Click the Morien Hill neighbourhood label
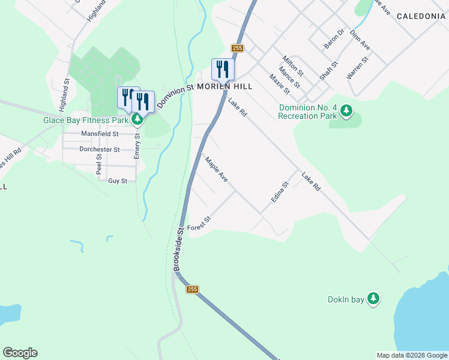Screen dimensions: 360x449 [x=225, y=86]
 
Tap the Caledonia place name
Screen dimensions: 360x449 [x=421, y=16]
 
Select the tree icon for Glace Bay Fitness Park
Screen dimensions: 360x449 [x=137, y=120]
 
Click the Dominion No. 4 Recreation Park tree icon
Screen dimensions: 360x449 [x=346, y=110]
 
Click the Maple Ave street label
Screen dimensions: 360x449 [x=217, y=170]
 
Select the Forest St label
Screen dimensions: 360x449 [x=200, y=224]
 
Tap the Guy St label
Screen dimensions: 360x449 [x=118, y=181]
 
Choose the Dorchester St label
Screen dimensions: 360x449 [x=100, y=149]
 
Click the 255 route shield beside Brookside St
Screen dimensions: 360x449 [x=191, y=289]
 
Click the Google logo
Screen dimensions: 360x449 [x=20, y=353]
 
